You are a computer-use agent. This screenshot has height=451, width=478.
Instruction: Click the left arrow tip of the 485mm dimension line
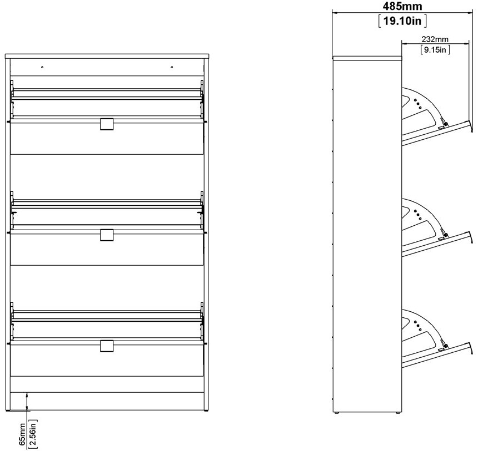(x=332, y=13)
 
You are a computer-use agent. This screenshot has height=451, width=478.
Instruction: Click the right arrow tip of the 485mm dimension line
(x=472, y=13)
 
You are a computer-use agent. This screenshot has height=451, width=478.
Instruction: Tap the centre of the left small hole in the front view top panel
(x=42, y=67)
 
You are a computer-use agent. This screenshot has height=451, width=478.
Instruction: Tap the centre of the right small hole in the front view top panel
(x=172, y=67)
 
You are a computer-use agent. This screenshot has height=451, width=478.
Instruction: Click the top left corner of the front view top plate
(x=6, y=54)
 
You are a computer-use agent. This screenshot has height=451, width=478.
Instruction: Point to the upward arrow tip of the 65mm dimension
(x=27, y=393)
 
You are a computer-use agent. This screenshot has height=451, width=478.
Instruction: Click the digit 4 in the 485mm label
(x=386, y=6)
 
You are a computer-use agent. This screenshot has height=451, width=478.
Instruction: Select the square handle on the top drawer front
(x=106, y=124)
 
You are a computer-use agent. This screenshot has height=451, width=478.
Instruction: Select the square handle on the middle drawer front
(x=106, y=235)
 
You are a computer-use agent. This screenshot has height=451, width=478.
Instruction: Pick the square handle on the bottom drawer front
(x=106, y=346)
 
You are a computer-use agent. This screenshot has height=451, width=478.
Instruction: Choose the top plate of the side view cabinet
(x=367, y=58)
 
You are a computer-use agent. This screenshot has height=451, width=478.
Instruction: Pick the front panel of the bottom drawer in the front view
(x=107, y=358)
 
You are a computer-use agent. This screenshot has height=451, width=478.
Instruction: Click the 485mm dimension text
(x=402, y=6)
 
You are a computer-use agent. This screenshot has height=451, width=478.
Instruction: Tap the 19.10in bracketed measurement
(x=402, y=21)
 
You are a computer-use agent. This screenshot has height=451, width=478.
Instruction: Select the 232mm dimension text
(x=435, y=39)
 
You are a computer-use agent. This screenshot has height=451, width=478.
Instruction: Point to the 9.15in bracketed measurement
(x=435, y=49)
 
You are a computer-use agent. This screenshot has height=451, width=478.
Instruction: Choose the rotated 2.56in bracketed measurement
(x=33, y=434)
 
